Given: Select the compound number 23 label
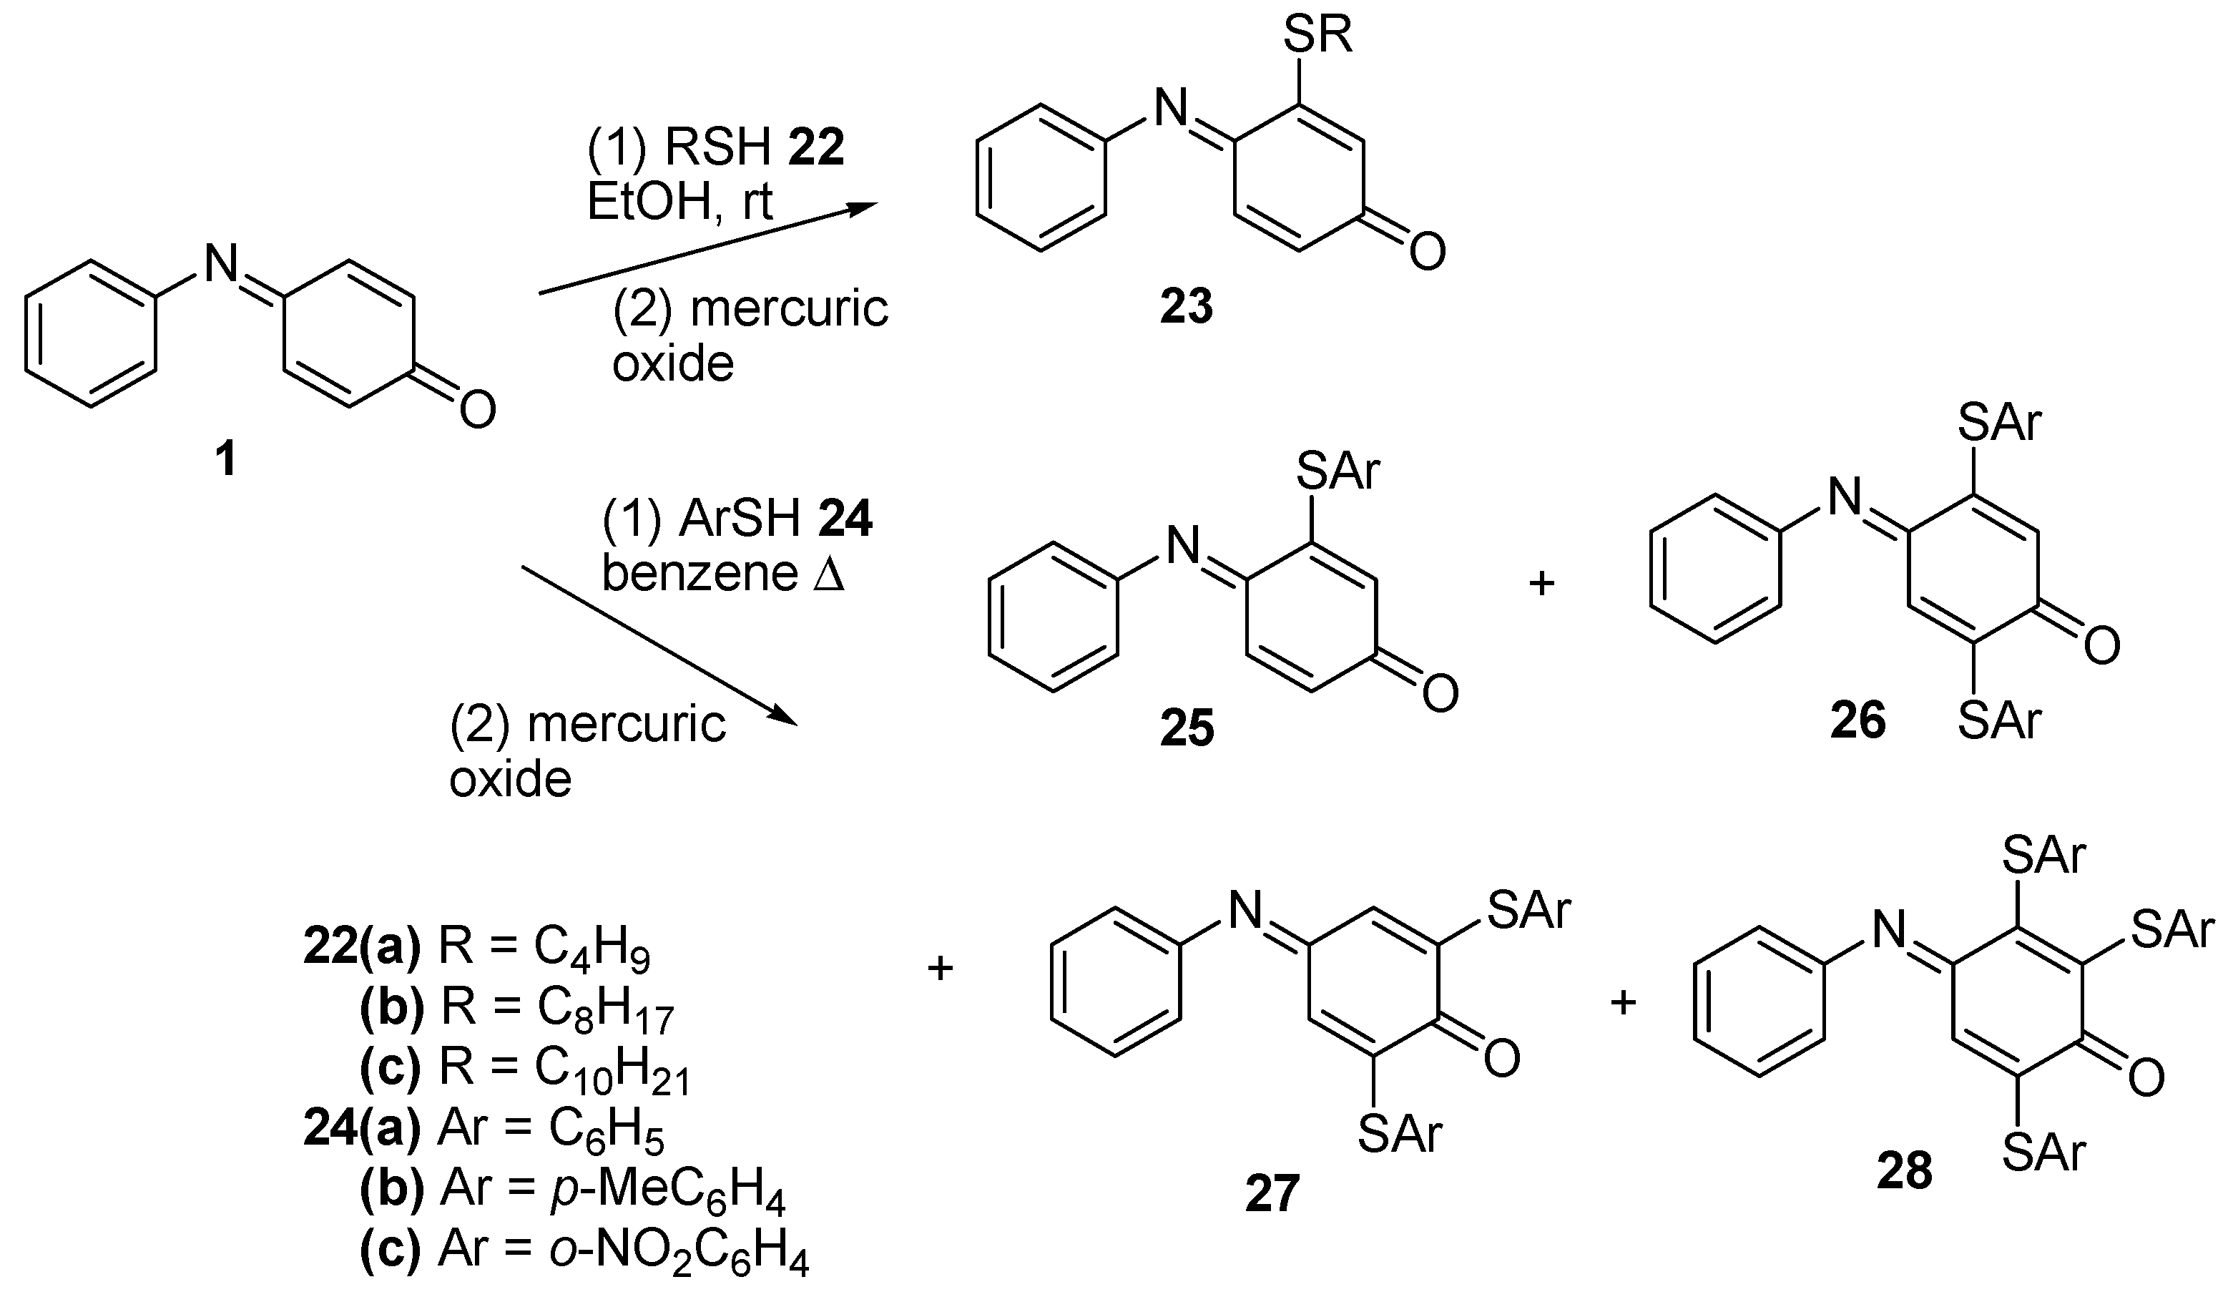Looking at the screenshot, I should tap(1187, 308).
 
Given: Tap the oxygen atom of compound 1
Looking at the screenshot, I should tap(477, 411).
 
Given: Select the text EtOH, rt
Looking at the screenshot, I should tap(679, 202).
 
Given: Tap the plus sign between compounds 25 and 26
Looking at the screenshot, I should tap(1541, 584).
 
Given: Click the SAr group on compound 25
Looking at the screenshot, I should tap(1338, 471).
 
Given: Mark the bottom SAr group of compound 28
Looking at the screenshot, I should tap(2043, 1155).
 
